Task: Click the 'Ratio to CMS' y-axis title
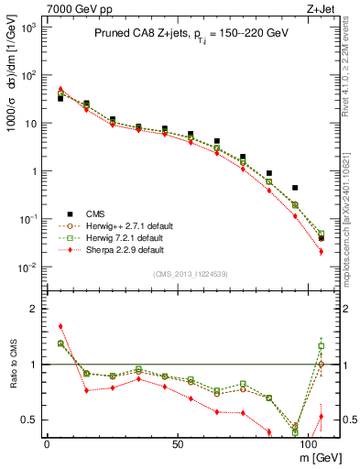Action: (x=11, y=364)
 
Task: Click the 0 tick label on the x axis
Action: (x=46, y=443)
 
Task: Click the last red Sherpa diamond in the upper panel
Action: (x=321, y=251)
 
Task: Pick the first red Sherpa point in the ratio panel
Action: (x=60, y=325)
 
